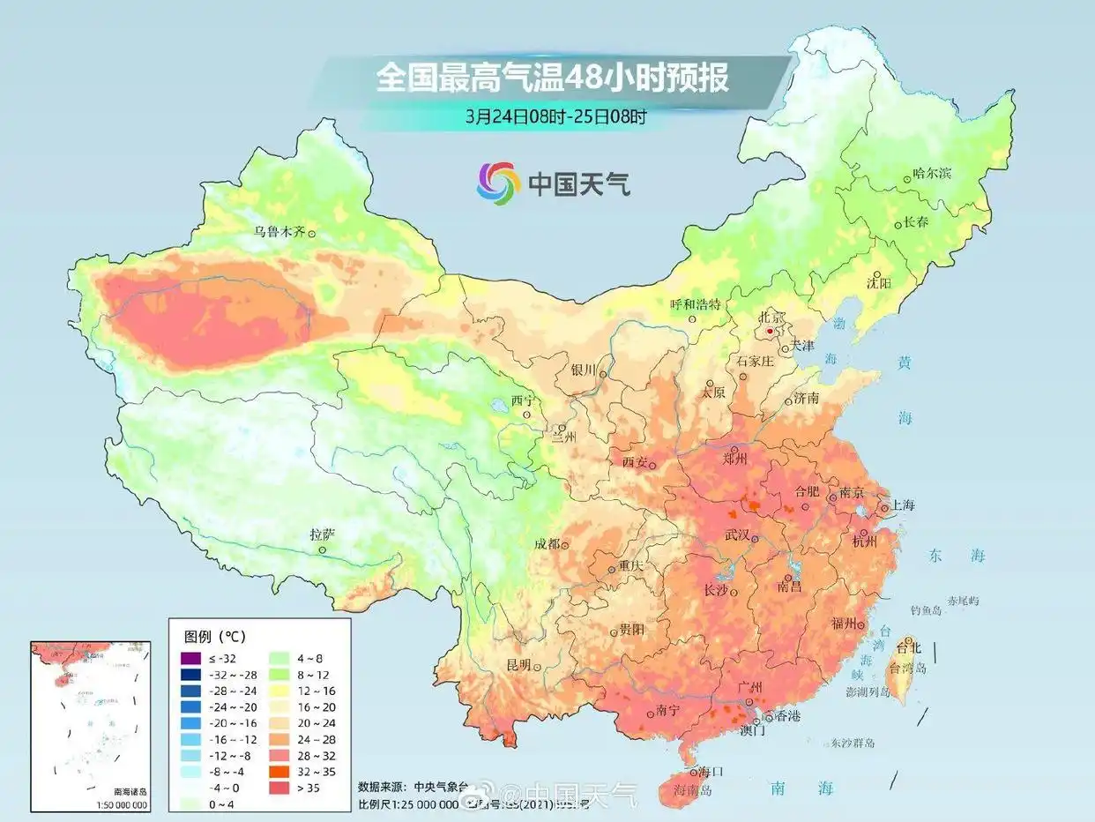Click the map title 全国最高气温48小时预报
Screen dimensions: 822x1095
click(552, 78)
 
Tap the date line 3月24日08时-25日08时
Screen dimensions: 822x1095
click(557, 116)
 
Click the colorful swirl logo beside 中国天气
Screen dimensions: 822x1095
click(499, 183)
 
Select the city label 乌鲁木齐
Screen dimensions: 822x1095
click(279, 233)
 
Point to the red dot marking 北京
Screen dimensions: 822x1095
click(770, 331)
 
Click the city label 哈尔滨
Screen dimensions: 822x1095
click(932, 174)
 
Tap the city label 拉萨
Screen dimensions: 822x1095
click(322, 534)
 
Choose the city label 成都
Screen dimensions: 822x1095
click(547, 544)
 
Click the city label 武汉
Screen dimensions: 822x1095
click(736, 535)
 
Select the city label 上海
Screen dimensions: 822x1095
click(903, 505)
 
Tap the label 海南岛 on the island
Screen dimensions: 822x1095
click(691, 789)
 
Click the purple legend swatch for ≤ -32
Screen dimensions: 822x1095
click(190, 658)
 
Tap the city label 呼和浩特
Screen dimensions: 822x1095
click(696, 304)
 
